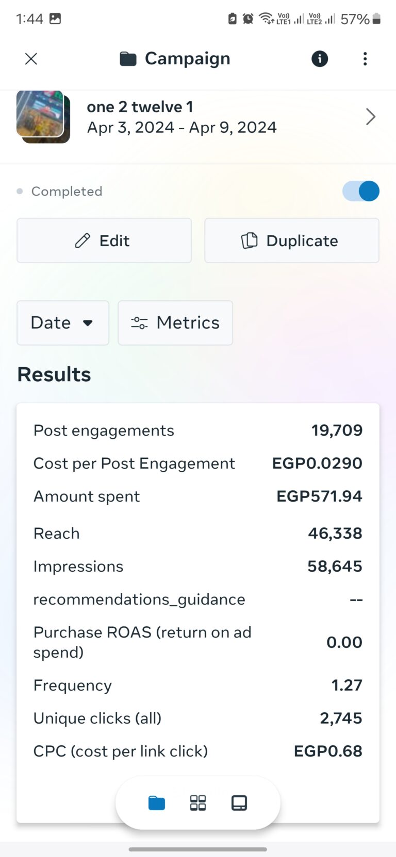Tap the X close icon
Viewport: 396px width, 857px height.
click(x=31, y=59)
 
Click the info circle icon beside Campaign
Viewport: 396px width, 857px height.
click(x=320, y=59)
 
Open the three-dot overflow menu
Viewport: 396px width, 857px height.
click(x=365, y=59)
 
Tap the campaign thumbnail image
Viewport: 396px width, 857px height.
click(x=43, y=116)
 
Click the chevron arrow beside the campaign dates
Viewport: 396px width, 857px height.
click(x=370, y=117)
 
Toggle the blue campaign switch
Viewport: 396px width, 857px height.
click(x=361, y=191)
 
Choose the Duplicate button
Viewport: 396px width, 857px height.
click(x=291, y=241)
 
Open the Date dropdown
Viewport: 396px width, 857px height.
click(x=63, y=323)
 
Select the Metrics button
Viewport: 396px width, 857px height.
click(x=175, y=323)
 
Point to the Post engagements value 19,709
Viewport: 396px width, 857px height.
click(x=337, y=431)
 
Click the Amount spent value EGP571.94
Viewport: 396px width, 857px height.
click(x=319, y=496)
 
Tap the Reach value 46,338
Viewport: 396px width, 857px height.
click(x=335, y=534)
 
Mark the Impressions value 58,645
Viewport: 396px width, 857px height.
click(x=335, y=567)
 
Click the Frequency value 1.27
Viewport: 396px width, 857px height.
click(x=346, y=685)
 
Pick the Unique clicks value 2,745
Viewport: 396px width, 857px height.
click(x=341, y=718)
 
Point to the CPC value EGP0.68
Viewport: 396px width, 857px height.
click(x=328, y=751)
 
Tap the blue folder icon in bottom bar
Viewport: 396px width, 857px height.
click(x=157, y=803)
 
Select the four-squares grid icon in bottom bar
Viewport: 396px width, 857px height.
click(x=198, y=803)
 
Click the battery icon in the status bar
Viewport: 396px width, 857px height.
click(x=377, y=19)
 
